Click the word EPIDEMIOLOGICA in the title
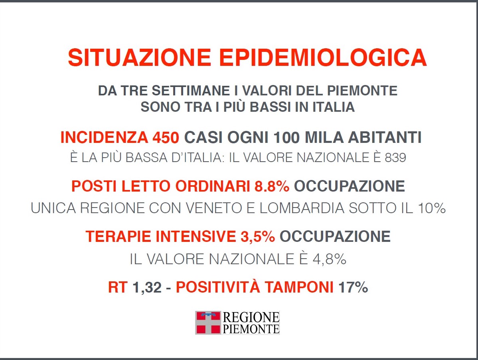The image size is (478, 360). click(x=323, y=57)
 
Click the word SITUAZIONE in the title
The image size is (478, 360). click(x=140, y=57)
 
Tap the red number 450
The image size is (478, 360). click(x=166, y=137)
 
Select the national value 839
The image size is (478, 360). click(x=395, y=158)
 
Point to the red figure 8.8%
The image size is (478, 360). click(x=272, y=186)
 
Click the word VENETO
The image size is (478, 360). click(x=214, y=208)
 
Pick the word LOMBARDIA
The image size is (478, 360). click(x=302, y=208)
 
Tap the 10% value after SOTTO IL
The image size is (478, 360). click(x=432, y=208)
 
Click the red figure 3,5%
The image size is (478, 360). click(x=258, y=237)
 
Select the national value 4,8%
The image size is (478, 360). click(x=330, y=259)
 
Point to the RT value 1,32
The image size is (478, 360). click(x=147, y=287)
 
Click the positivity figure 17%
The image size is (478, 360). click(x=354, y=287)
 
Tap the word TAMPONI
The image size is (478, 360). click(x=299, y=287)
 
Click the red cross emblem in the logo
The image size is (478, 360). click(x=208, y=322)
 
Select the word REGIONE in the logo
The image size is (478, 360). click(x=251, y=317)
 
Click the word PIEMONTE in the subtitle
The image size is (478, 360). click(x=362, y=91)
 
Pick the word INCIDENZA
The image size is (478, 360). click(x=104, y=137)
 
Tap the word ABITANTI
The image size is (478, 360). click(x=385, y=137)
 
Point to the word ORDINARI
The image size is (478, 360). click(x=213, y=186)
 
